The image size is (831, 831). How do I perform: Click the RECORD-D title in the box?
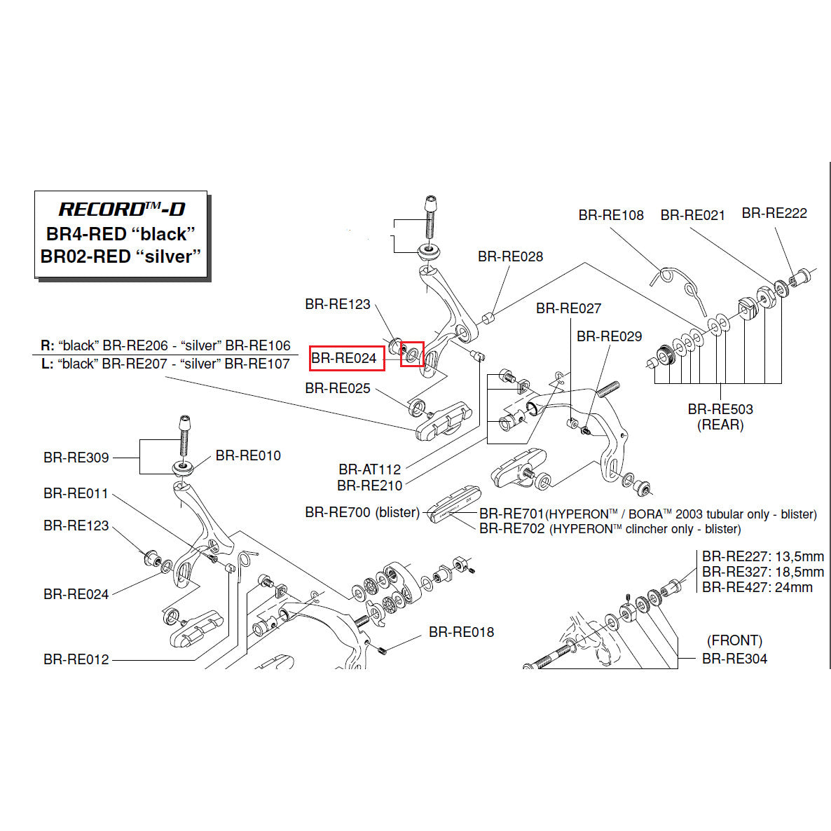click(121, 209)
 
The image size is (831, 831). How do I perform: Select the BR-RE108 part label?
click(610, 215)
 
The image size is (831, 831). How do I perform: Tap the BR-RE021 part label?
click(692, 215)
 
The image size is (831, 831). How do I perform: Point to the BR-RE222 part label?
click(774, 213)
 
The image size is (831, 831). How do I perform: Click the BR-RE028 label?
click(510, 256)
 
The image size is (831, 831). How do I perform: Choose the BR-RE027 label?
click(568, 308)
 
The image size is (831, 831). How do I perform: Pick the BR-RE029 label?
click(609, 336)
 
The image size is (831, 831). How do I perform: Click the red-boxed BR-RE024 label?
click(344, 358)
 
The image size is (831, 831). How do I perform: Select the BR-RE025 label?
click(338, 388)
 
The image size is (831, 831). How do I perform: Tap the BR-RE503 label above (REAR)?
click(720, 409)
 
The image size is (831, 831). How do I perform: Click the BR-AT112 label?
click(369, 469)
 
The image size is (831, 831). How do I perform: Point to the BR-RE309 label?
click(76, 458)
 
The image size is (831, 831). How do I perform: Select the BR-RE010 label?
click(248, 455)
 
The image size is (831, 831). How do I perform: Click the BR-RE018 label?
click(461, 632)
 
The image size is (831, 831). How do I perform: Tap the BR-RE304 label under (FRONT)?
click(734, 659)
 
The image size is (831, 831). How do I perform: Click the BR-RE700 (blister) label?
click(362, 512)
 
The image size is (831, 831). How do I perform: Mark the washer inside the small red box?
click(412, 354)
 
